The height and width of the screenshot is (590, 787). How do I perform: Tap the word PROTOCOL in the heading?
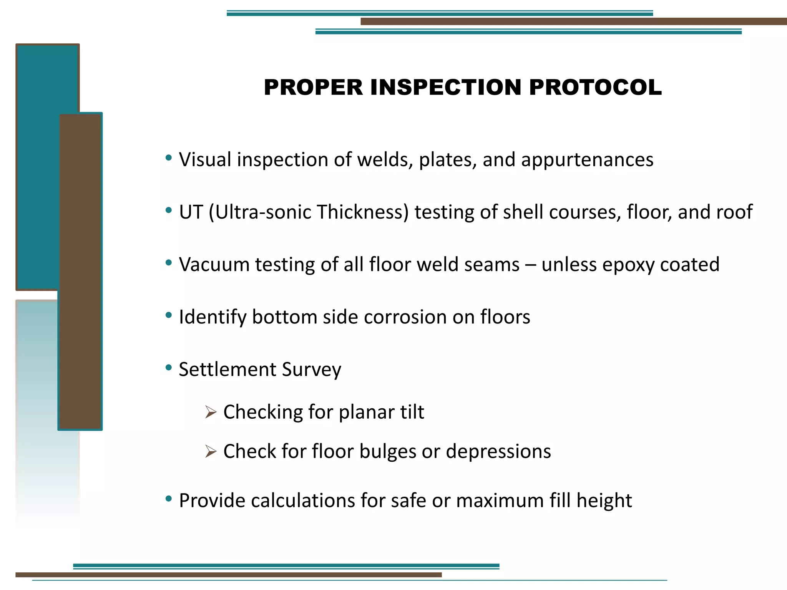pyautogui.click(x=595, y=87)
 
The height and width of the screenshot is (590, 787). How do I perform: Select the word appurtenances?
pyautogui.click(x=587, y=159)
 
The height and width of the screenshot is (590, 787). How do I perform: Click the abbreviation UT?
pyautogui.click(x=191, y=212)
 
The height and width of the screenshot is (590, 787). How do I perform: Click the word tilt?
pyautogui.click(x=412, y=412)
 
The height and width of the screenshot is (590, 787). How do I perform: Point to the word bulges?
pyautogui.click(x=387, y=452)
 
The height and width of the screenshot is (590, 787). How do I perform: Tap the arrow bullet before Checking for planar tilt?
pyautogui.click(x=211, y=412)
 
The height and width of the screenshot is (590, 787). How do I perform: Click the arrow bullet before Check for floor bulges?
pyautogui.click(x=211, y=451)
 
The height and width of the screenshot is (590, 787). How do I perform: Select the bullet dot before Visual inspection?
pyautogui.click(x=168, y=157)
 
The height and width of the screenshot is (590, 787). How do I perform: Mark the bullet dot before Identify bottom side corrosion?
pyautogui.click(x=168, y=315)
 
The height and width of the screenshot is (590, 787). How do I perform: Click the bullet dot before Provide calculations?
pyautogui.click(x=168, y=499)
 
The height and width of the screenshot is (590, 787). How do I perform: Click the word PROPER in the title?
pyautogui.click(x=313, y=87)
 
